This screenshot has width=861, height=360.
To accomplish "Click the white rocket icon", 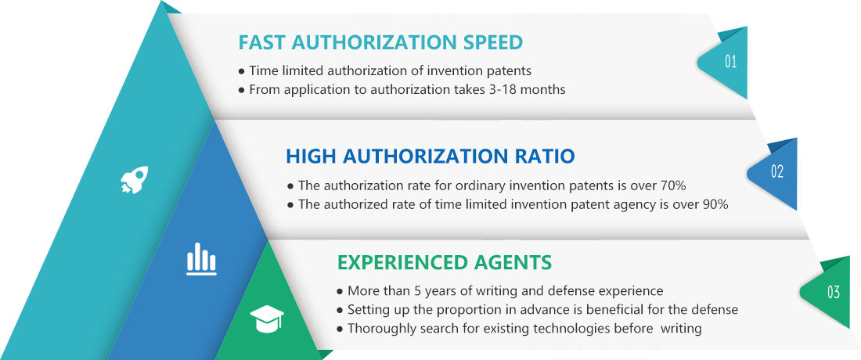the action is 135,179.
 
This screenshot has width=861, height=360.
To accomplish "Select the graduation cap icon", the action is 267,319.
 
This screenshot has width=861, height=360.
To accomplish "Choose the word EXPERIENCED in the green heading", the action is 402,262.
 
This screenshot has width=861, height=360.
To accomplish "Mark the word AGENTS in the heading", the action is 513,262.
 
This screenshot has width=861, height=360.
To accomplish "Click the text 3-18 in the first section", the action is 488,89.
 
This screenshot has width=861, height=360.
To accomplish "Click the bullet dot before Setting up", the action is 340,311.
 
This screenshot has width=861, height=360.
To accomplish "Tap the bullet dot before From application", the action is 242,89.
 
